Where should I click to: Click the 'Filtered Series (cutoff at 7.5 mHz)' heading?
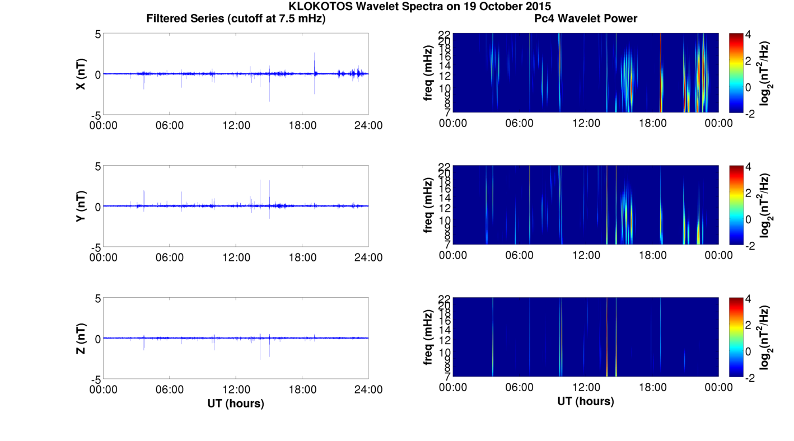point(236,19)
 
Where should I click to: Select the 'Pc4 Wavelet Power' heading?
point(586,19)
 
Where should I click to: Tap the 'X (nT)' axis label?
point(81,74)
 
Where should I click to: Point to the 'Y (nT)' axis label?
point(81,207)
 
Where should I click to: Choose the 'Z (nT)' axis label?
point(81,339)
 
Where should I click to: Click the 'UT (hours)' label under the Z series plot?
point(236,404)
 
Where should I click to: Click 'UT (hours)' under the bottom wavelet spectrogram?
point(586,401)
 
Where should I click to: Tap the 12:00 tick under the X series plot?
point(236,125)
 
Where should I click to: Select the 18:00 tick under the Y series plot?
point(302,257)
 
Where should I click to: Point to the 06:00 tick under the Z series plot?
point(170,390)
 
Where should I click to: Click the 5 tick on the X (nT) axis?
point(97,34)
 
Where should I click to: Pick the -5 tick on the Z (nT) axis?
point(95,379)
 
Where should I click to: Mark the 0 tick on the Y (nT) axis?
point(97,207)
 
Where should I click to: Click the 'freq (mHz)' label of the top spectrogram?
point(428,74)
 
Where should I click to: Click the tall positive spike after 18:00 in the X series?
point(315,56)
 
